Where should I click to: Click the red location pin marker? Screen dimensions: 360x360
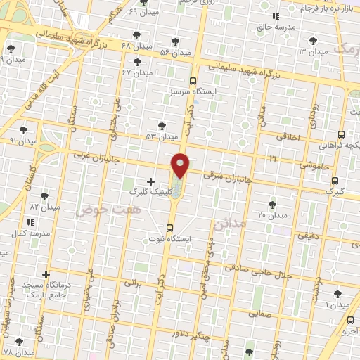[181, 165]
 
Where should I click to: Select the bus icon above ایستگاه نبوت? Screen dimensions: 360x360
[169, 228]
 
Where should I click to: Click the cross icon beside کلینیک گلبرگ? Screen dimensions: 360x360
[150, 181]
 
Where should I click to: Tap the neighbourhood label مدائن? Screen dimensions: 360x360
[230, 224]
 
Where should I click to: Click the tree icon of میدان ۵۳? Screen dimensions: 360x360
[162, 125]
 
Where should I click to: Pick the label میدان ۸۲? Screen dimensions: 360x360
[44, 207]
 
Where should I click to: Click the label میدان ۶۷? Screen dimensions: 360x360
[138, 72]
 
